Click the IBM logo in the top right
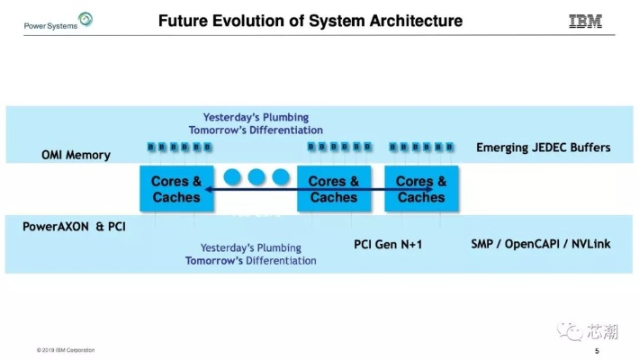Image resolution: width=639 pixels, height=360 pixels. (585, 22)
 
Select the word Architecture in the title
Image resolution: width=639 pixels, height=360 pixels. (416, 21)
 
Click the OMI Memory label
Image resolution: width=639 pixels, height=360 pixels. (76, 155)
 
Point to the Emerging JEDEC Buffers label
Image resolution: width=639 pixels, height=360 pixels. (543, 148)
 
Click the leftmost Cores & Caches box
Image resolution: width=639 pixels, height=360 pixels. (176, 189)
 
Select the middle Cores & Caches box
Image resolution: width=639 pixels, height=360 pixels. (333, 189)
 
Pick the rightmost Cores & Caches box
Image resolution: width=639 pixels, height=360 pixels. (421, 189)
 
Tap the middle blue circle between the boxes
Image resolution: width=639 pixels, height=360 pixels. (256, 176)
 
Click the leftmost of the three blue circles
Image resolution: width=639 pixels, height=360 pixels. (234, 176)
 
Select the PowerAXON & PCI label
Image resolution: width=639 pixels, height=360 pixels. (74, 227)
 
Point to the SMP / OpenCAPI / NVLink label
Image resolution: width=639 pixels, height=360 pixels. (540, 244)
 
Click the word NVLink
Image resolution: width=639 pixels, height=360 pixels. (589, 244)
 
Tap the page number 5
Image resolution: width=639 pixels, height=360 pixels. (597, 350)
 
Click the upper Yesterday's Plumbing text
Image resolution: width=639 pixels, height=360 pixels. (256, 117)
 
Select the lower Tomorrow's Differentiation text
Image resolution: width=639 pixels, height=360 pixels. (251, 261)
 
